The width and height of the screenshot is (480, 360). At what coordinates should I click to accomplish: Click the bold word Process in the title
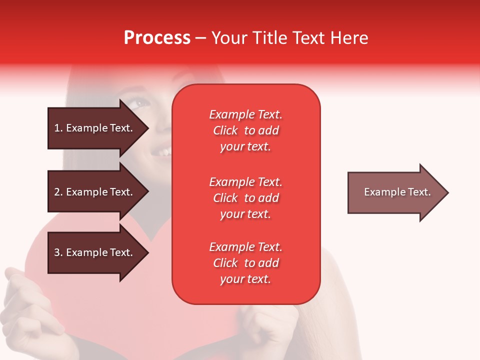click(157, 38)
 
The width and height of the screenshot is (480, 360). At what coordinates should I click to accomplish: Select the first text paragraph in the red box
click(245, 130)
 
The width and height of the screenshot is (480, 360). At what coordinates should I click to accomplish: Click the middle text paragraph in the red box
click(245, 198)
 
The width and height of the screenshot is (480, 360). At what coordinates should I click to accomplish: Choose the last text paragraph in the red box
click(245, 263)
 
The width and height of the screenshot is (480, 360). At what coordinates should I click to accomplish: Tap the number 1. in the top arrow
click(58, 128)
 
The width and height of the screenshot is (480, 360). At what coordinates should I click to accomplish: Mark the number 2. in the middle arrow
click(58, 192)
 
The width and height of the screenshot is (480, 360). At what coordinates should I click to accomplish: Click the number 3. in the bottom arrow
click(58, 252)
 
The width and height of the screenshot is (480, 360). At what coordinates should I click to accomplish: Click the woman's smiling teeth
click(162, 149)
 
